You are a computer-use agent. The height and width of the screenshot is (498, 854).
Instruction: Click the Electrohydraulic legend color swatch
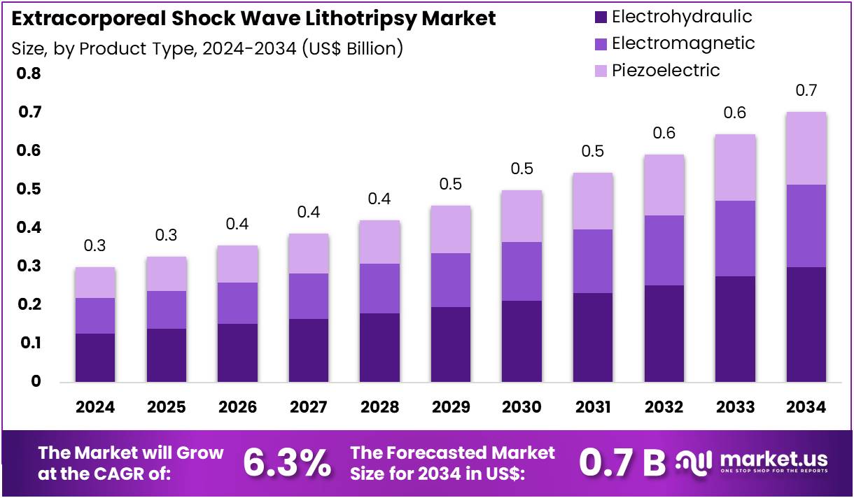point(599,17)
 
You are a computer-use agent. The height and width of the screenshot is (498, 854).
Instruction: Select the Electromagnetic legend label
point(683,43)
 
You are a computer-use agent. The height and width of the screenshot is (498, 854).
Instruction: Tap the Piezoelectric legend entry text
point(665,70)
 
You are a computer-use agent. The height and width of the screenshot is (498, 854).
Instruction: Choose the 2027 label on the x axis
point(309,407)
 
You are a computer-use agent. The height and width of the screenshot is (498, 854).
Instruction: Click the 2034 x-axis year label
point(806,407)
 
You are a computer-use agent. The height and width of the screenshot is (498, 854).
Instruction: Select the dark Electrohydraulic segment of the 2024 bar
point(95,357)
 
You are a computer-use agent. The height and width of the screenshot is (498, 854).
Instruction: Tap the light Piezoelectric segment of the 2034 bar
point(806,148)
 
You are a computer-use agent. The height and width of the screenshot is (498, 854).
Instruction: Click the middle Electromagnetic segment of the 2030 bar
point(522,271)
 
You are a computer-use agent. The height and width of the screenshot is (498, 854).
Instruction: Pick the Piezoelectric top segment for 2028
point(379,242)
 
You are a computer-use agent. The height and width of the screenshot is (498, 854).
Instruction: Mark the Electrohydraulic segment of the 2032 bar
point(664,333)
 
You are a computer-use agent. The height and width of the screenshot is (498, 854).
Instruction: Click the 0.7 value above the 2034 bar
point(806,91)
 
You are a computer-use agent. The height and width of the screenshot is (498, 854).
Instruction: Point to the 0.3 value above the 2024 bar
point(95,246)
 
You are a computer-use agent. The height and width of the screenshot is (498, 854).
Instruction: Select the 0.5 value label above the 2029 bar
point(451,185)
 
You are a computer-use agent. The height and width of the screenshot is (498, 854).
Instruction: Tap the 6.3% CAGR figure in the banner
point(287,462)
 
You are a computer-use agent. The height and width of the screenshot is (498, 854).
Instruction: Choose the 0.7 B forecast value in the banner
point(622,462)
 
